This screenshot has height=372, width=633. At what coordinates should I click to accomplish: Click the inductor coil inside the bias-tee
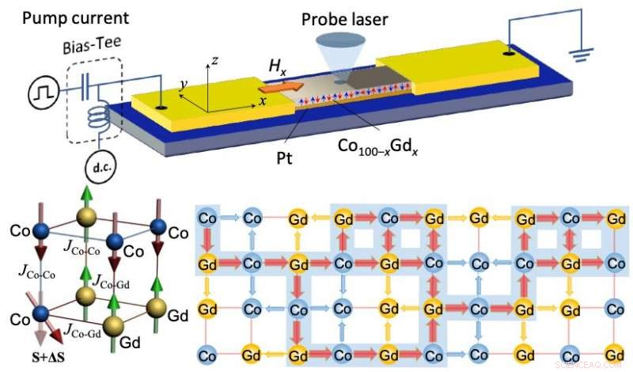click(x=97, y=121)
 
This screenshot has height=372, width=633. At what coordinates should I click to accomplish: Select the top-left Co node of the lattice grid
click(x=207, y=217)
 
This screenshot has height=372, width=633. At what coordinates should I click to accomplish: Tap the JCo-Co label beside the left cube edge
click(x=31, y=275)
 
